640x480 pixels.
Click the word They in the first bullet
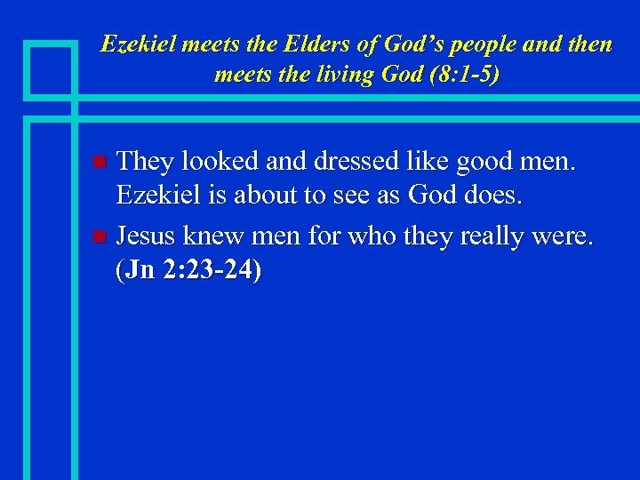[145, 162]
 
